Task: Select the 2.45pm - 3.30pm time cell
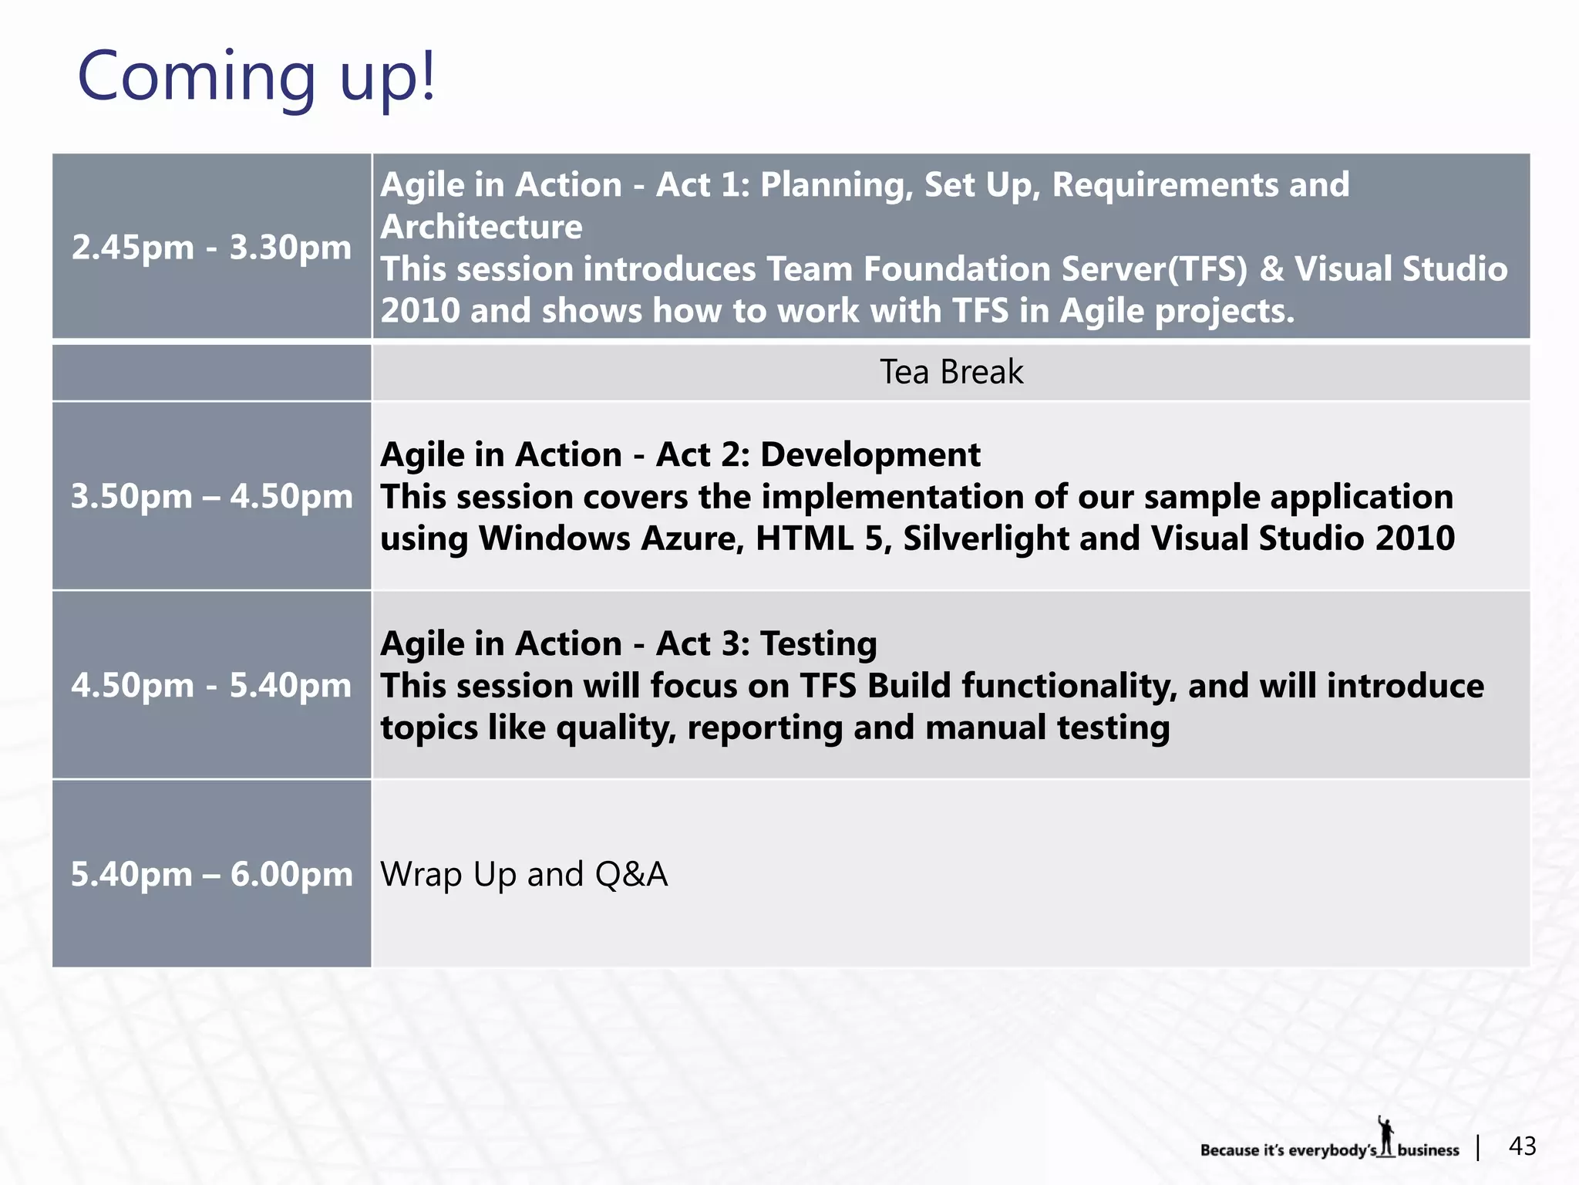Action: [211, 246]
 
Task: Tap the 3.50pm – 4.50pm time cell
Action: [211, 495]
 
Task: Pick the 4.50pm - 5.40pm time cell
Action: [211, 684]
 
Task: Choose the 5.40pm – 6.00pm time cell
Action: [211, 873]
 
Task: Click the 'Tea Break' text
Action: [951, 372]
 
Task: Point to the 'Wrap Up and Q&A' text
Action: [524, 874]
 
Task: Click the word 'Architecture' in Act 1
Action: [481, 227]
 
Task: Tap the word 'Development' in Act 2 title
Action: [870, 454]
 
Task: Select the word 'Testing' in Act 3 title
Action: [818, 644]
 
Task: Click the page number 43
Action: [1523, 1146]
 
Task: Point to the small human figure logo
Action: [1386, 1136]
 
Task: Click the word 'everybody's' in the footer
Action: [1332, 1151]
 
